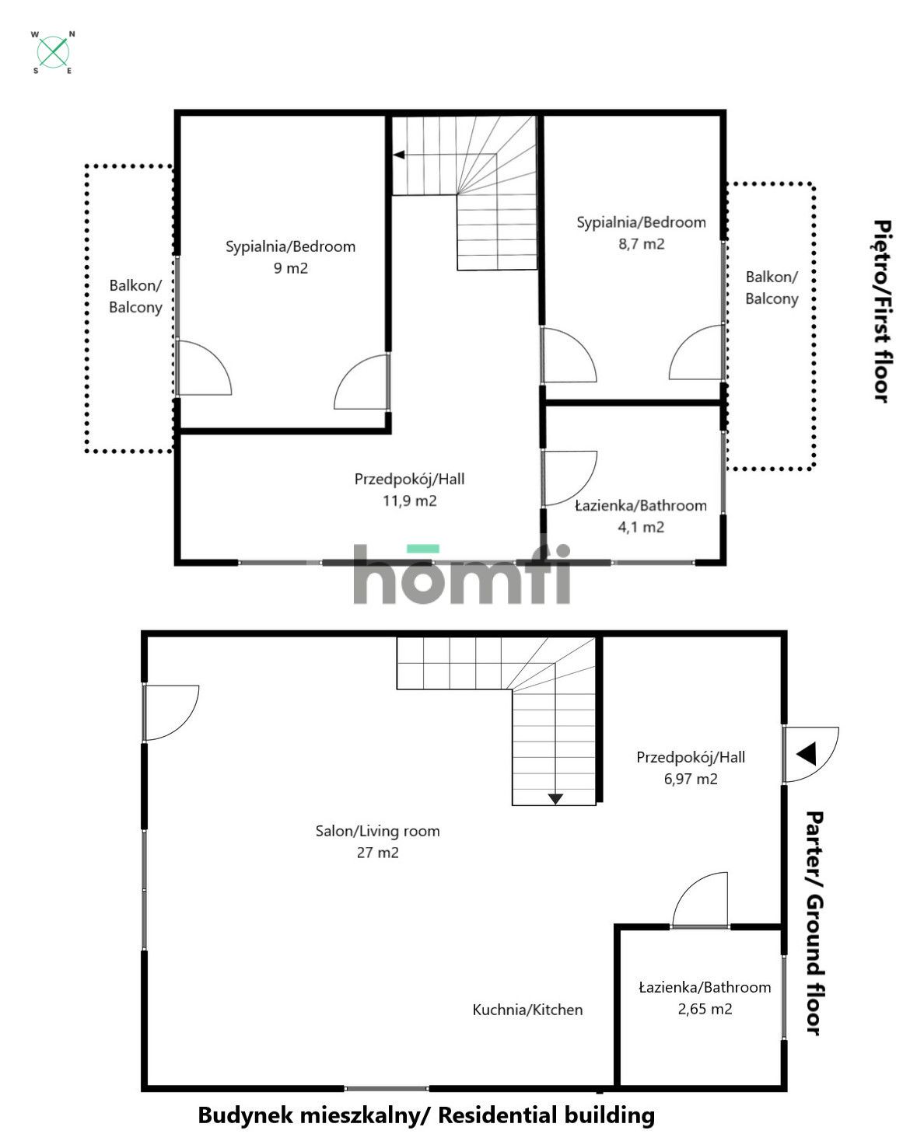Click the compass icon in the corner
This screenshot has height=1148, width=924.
[x=53, y=52]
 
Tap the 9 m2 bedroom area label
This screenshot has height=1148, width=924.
[x=290, y=268]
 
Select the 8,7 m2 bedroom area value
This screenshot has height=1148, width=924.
[x=641, y=244]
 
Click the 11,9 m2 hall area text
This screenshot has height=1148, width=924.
[x=409, y=501]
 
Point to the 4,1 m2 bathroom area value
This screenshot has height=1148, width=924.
[x=641, y=527]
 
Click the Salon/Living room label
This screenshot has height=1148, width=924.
[x=377, y=831]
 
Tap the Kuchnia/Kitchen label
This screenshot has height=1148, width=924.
[x=527, y=1010]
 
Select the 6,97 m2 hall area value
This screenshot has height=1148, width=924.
[x=690, y=779]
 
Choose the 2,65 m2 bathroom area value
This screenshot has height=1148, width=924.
[x=705, y=1009]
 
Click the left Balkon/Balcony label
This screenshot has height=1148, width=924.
[x=135, y=296]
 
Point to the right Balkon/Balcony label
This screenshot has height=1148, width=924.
[x=772, y=288]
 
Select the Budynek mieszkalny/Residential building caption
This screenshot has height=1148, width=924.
[x=426, y=1115]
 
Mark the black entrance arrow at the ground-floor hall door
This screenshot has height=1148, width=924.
[x=806, y=754]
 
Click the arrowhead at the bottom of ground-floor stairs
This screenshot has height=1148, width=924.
[x=555, y=798]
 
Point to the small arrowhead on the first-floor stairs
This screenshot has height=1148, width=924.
[x=398, y=155]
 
